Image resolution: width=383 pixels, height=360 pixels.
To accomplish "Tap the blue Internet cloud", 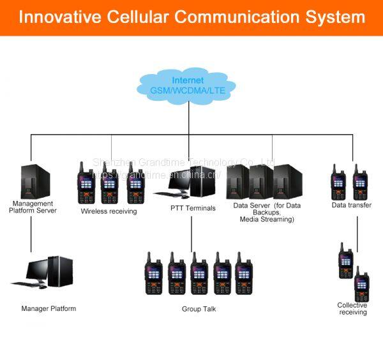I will (188, 86).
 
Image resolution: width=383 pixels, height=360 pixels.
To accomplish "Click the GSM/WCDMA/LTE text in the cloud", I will (188, 91).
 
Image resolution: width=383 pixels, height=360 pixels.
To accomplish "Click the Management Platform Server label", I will (33, 207).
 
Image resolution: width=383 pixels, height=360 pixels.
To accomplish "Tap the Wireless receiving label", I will (109, 211).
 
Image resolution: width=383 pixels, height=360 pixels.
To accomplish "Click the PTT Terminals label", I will (193, 208).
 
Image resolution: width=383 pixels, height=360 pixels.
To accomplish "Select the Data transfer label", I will (351, 206).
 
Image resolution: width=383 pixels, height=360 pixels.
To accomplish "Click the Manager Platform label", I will (49, 309).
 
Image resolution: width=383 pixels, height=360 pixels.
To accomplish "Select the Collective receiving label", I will (352, 309).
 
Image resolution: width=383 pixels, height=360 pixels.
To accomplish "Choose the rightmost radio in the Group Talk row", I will (244, 274).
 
